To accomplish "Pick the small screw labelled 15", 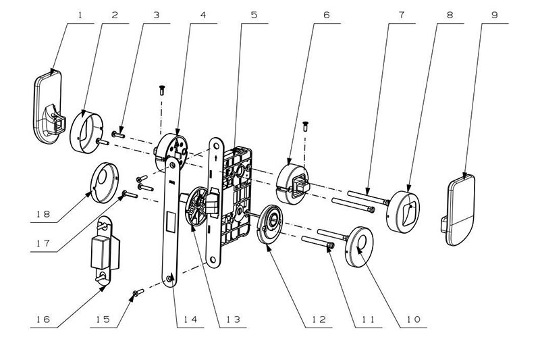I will [138, 292].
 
